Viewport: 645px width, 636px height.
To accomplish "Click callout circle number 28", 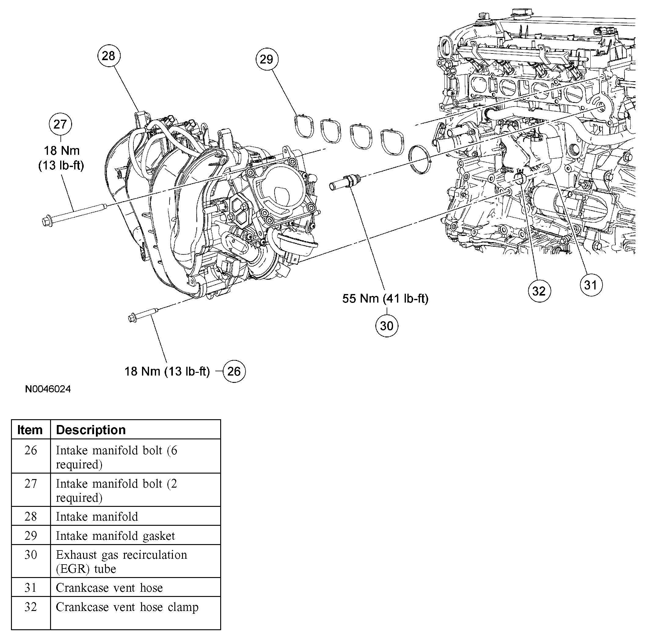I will [108, 56].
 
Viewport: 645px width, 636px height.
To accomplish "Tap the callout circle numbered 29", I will [266, 59].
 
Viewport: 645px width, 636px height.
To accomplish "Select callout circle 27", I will [60, 124].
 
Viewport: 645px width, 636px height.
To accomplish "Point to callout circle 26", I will [234, 371].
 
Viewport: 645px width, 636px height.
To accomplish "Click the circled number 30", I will [387, 326].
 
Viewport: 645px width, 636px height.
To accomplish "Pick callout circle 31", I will [591, 285].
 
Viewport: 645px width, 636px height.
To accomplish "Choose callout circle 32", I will [539, 291].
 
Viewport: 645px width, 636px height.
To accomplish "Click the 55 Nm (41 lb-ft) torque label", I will [385, 299].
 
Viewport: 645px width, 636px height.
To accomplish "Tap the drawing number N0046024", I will [48, 389].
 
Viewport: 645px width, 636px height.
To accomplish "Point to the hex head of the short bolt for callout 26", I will [132, 318].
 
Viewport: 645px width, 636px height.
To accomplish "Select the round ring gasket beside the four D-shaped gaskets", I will [421, 160].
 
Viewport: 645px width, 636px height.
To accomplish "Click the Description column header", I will [91, 430].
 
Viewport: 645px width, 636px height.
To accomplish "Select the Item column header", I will [30, 430].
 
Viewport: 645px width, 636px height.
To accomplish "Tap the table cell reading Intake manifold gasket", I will [115, 536].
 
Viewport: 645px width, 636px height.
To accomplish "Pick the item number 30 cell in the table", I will [31, 555].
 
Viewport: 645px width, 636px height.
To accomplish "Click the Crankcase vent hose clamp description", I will [127, 607].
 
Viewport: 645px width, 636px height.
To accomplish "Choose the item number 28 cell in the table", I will [31, 517].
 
